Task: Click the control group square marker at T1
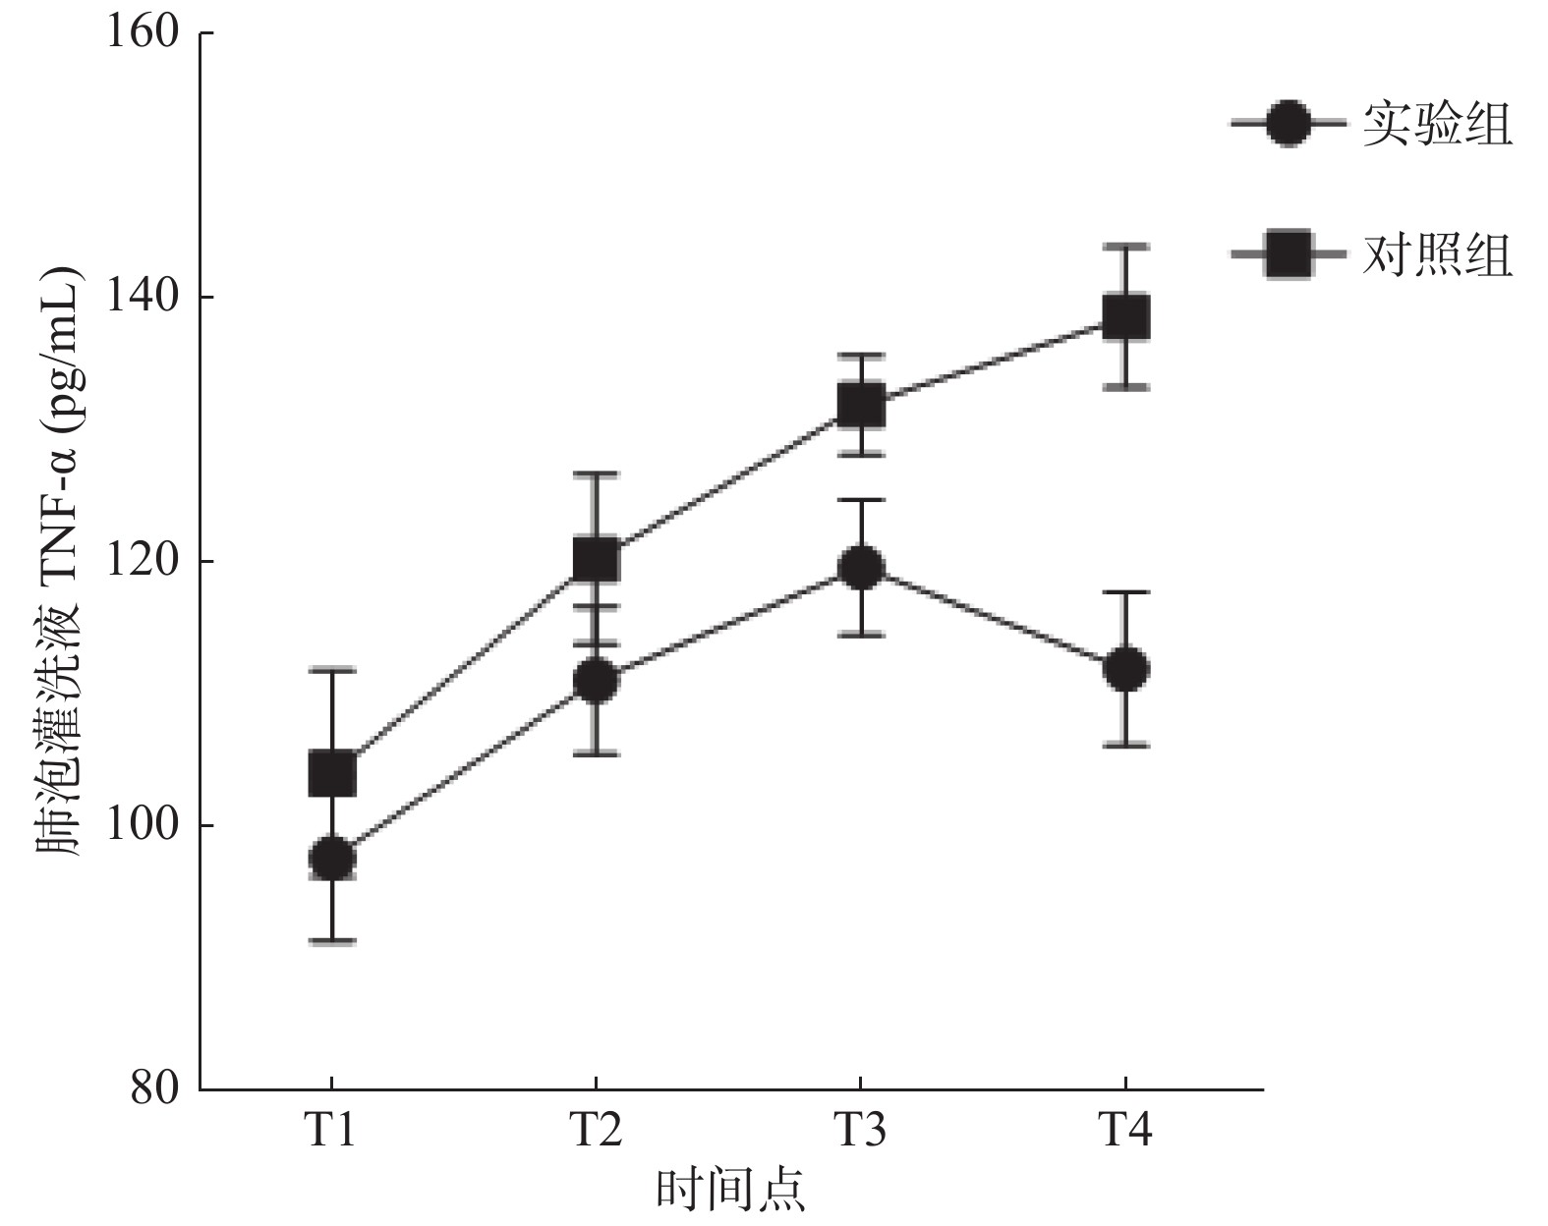coord(332,774)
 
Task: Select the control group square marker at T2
coord(596,560)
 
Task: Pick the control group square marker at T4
coord(1125,317)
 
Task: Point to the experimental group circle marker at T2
coord(596,681)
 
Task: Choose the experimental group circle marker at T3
coord(860,568)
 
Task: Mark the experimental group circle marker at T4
coord(1125,669)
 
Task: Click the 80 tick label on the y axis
coord(155,1089)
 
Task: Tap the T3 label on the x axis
coord(860,1131)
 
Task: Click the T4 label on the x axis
coord(1125,1131)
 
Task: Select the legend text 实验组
coord(1436,125)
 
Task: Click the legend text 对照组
coord(1436,254)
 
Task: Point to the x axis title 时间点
coord(729,1191)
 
